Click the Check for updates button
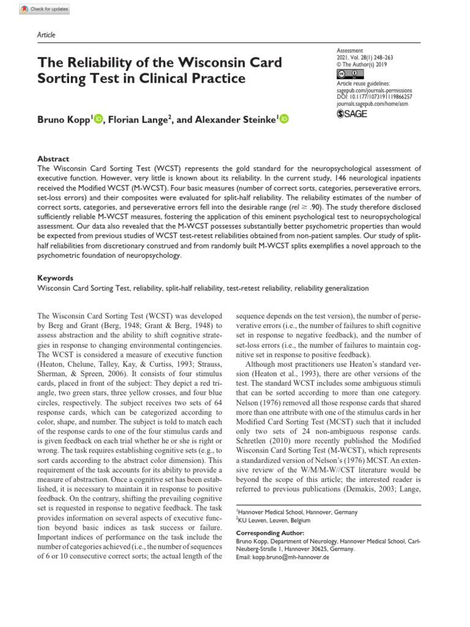[44, 10]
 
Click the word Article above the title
[47, 35]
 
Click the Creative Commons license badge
[347, 74]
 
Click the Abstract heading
[53, 158]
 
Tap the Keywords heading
[55, 277]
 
